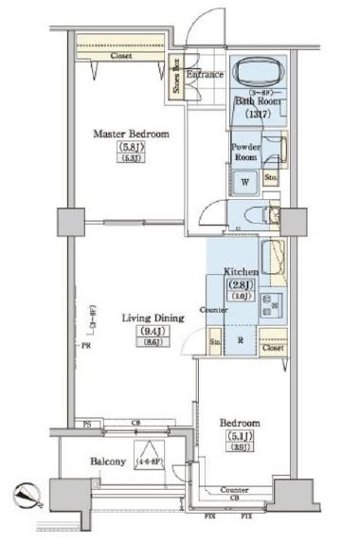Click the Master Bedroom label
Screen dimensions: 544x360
(x=130, y=135)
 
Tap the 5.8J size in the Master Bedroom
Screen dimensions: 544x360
(x=130, y=148)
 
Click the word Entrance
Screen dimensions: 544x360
(x=204, y=74)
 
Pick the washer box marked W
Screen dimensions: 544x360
(x=244, y=181)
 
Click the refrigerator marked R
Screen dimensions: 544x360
(x=242, y=337)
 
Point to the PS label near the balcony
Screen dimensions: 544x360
(x=86, y=423)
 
